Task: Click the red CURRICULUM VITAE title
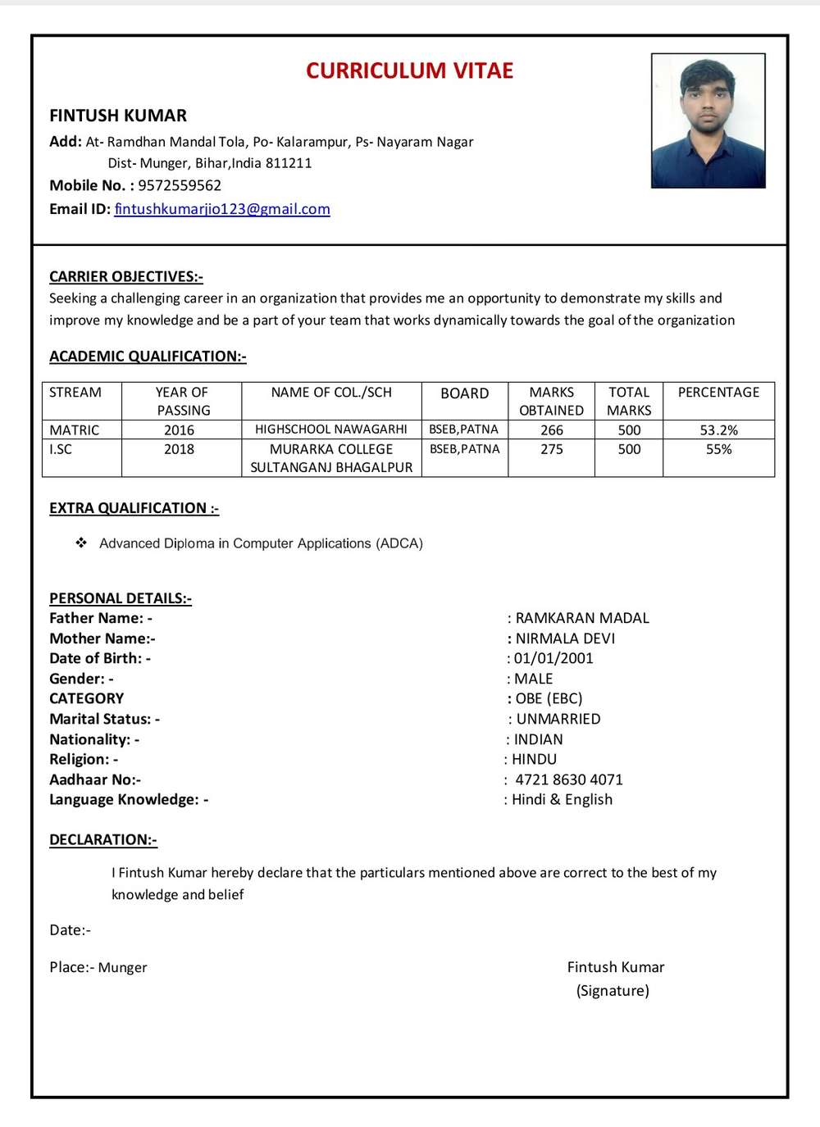tap(409, 71)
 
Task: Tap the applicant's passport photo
tap(708, 120)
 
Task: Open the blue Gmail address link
tap(222, 209)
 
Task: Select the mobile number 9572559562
tap(180, 185)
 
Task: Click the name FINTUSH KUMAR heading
tap(118, 116)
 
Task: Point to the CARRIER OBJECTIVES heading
tap(126, 276)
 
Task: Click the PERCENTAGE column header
tap(718, 393)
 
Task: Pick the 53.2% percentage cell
tap(718, 430)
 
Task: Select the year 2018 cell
tap(179, 449)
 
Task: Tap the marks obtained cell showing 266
tap(551, 430)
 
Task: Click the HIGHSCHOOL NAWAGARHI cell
tap(330, 429)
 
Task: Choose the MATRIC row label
tap(74, 430)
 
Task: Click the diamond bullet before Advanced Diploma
tap(81, 543)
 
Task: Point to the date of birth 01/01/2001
tap(553, 658)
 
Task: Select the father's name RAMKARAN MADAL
tap(582, 618)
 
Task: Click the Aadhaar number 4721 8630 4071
tap(569, 779)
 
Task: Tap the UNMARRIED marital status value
tap(558, 719)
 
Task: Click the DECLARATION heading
tap(103, 839)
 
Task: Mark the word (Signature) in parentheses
tap(613, 991)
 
